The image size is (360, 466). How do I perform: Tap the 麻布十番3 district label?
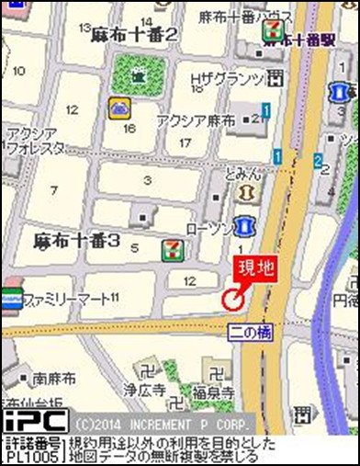(77, 241)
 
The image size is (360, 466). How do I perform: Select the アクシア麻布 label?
(196, 120)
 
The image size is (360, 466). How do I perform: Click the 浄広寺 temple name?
(152, 391)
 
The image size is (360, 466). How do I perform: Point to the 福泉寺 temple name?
(213, 392)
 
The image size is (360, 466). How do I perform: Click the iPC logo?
(34, 420)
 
